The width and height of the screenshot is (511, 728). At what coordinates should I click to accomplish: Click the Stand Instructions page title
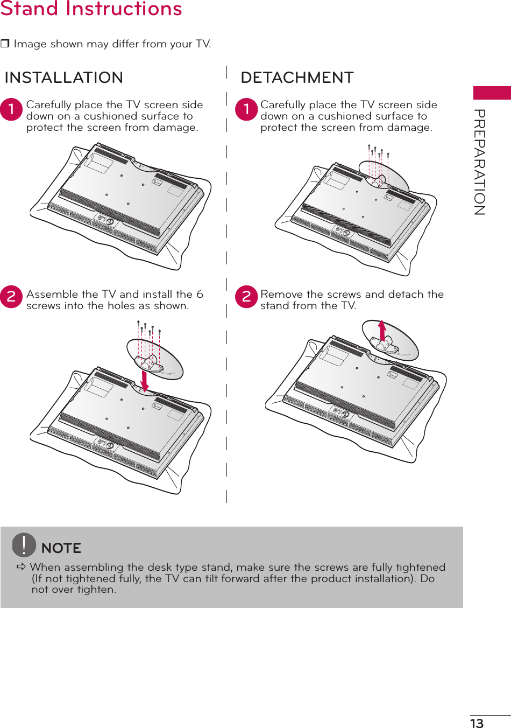(x=91, y=9)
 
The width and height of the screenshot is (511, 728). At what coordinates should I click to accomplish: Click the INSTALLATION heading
(x=63, y=78)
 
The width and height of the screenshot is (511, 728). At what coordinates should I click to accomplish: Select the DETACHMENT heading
(x=297, y=78)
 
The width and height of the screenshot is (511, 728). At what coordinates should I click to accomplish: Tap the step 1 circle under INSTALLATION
(x=11, y=109)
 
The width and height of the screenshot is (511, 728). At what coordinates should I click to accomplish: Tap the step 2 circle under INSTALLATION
(x=11, y=297)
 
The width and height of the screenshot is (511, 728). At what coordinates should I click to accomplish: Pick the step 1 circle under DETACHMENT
(x=246, y=109)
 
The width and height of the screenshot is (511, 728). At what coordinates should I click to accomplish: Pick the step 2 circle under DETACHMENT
(x=246, y=297)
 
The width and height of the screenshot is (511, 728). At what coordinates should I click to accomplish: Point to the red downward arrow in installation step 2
(x=144, y=380)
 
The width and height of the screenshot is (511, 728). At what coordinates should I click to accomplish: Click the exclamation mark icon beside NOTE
(x=24, y=544)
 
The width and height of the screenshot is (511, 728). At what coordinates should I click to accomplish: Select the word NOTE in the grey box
(x=61, y=548)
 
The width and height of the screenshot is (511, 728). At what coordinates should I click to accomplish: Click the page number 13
(x=477, y=723)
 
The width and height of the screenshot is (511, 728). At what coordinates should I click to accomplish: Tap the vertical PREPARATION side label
(x=480, y=162)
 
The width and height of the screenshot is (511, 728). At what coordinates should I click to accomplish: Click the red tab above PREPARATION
(x=492, y=93)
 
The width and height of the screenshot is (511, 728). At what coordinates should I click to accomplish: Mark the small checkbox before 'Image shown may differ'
(x=5, y=44)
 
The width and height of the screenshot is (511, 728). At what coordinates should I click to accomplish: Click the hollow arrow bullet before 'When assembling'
(x=22, y=567)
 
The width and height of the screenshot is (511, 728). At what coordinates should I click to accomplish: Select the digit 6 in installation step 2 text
(x=200, y=294)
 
